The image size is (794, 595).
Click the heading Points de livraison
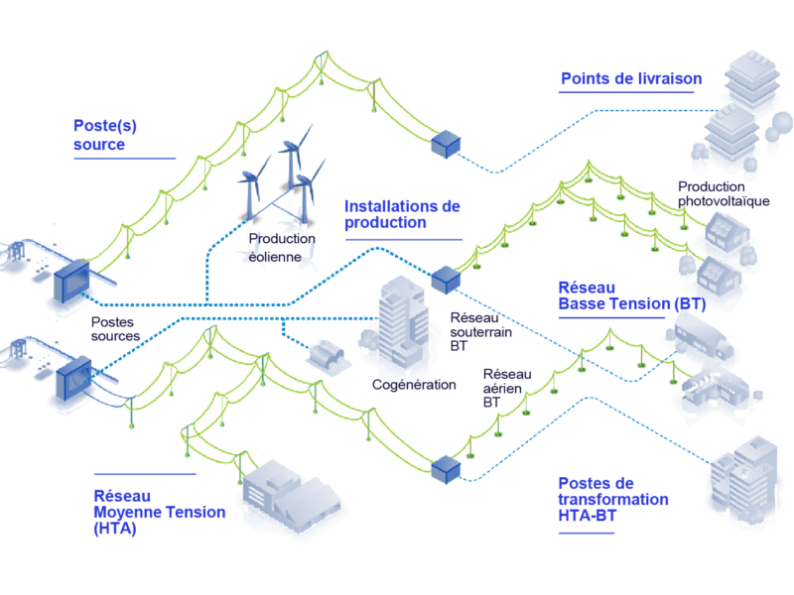tap(631, 79)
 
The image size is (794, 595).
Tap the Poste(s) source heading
tap(105, 135)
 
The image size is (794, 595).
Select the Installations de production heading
tap(402, 214)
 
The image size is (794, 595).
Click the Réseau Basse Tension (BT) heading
tap(632, 296)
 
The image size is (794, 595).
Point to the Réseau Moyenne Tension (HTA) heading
tap(160, 512)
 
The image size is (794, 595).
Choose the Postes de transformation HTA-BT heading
tap(613, 500)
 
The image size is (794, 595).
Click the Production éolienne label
tap(282, 248)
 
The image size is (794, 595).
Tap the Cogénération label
tap(414, 385)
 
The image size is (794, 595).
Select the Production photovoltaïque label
tap(724, 194)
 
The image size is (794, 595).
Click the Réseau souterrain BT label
tap(480, 332)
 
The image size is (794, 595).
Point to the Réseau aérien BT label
tap(507, 388)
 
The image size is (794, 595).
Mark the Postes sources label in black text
tap(115, 329)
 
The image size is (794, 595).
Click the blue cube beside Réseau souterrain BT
tap(446, 280)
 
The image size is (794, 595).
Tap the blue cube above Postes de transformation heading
tap(446, 469)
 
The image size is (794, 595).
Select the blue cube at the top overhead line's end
tap(446, 144)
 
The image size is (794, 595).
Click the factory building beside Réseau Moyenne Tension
tap(290, 496)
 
